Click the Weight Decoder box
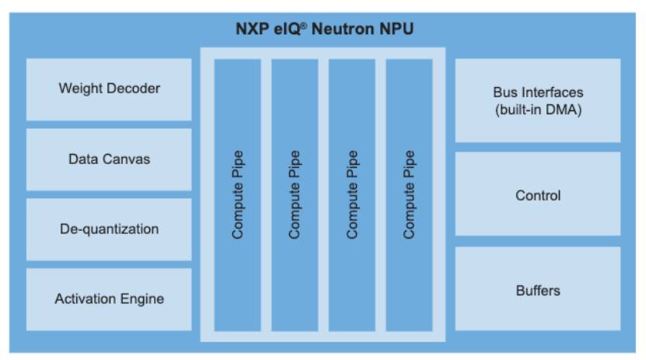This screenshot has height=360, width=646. click(x=109, y=89)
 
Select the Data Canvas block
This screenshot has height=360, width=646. click(x=109, y=159)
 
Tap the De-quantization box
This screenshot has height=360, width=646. click(x=109, y=229)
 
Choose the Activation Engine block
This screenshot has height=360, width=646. click(x=109, y=299)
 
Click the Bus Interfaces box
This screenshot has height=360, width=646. click(x=538, y=100)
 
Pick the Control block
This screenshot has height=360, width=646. click(x=538, y=194)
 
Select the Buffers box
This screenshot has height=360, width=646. click(x=538, y=290)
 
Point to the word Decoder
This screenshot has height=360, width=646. click(x=134, y=89)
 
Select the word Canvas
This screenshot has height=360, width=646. click(x=129, y=159)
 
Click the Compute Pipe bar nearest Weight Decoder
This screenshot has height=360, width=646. click(x=237, y=194)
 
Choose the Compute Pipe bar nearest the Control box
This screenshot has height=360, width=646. click(x=410, y=194)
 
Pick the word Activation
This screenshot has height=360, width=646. click(x=84, y=299)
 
